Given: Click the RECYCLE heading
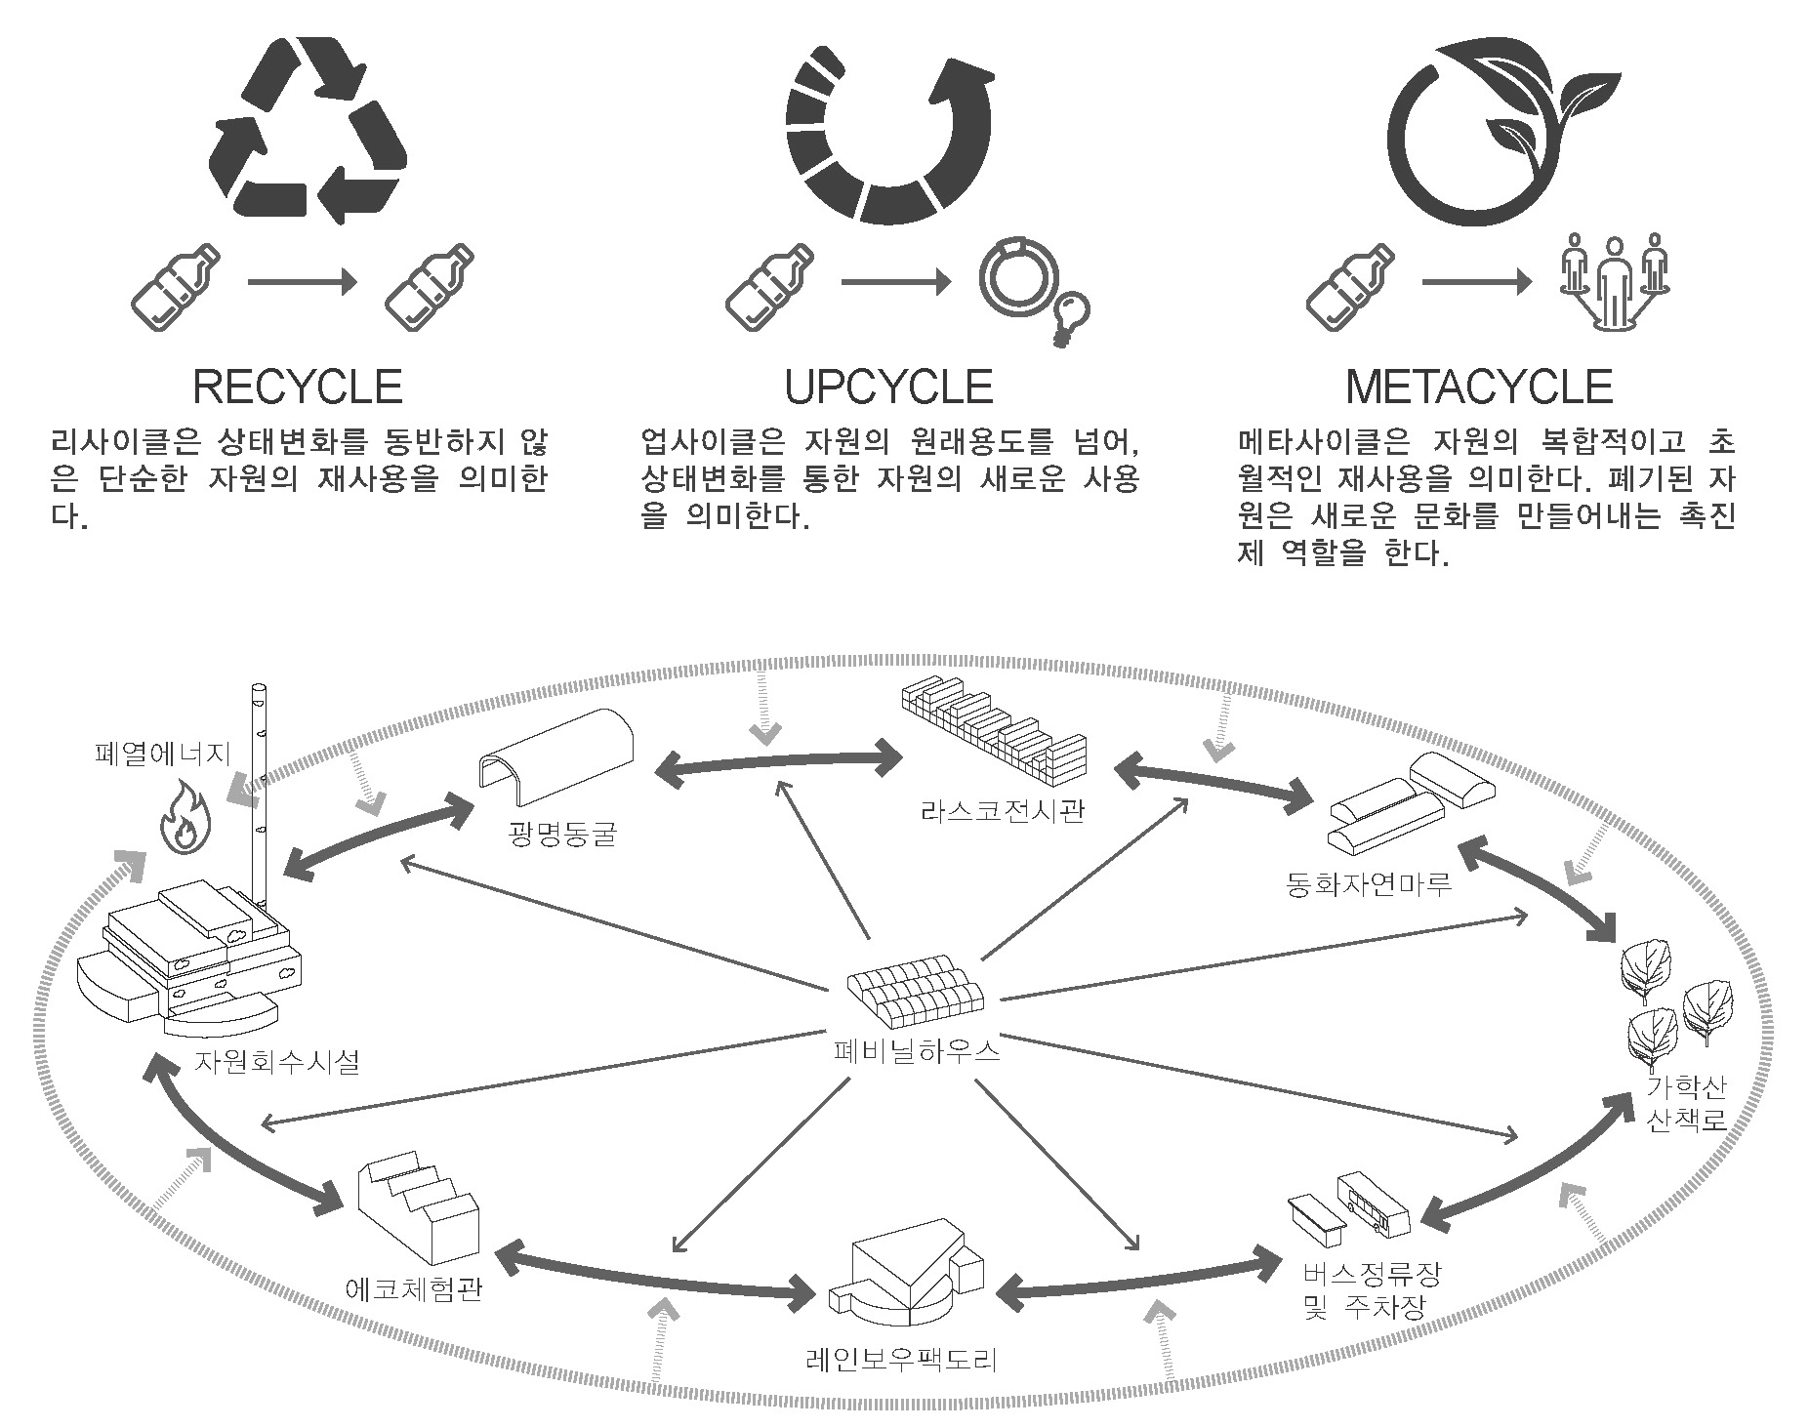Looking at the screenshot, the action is [298, 387].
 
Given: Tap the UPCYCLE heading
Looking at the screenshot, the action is [888, 387].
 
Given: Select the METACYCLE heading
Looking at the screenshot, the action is [1479, 387].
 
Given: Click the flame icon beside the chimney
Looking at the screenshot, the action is [185, 817].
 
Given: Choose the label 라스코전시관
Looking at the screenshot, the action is [1002, 811].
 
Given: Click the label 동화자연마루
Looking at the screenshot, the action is [1370, 884].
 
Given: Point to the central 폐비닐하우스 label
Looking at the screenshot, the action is [917, 1050].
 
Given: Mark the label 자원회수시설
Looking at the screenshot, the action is [276, 1060].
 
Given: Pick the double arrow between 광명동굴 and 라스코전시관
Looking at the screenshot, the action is [779, 760].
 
